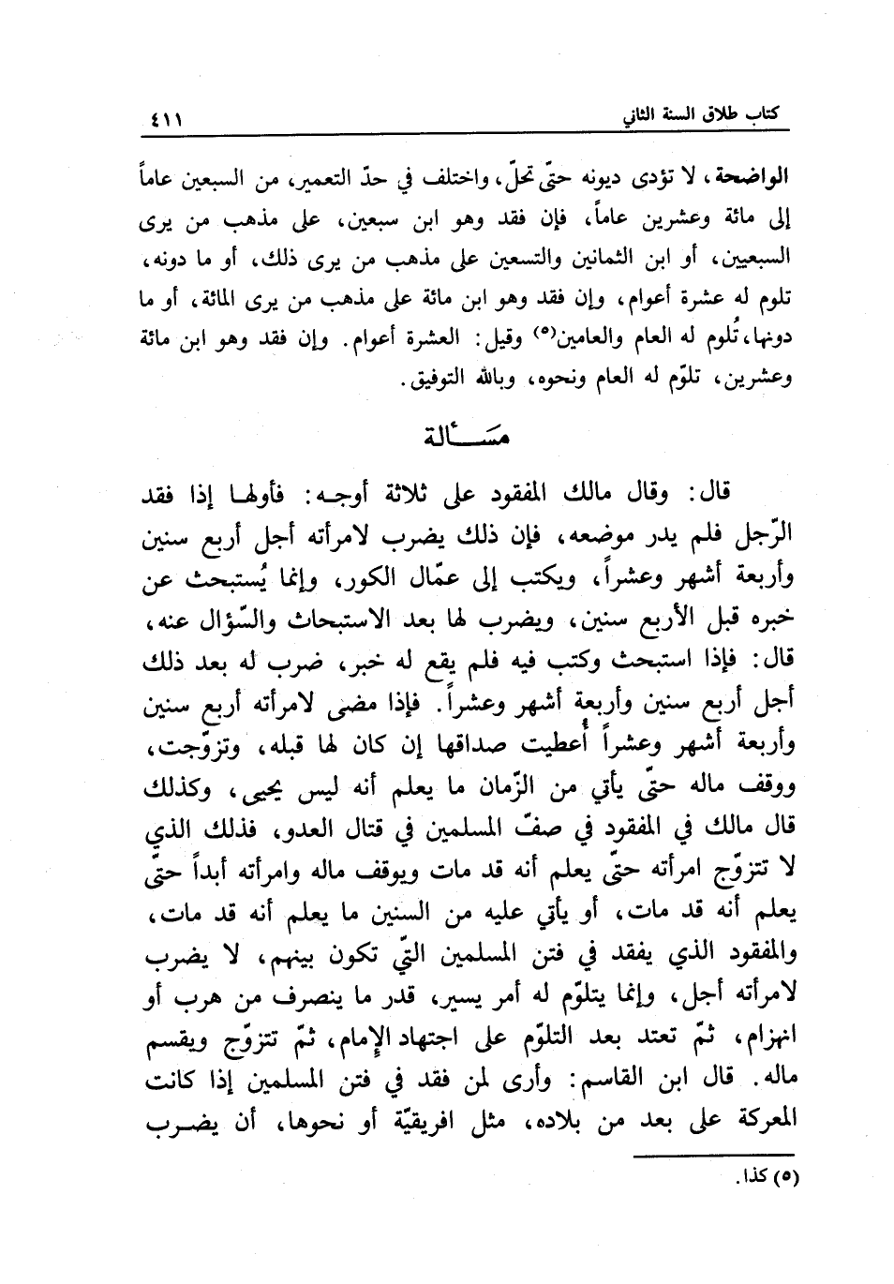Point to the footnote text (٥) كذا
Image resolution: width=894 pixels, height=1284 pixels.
tap(765, 1174)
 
